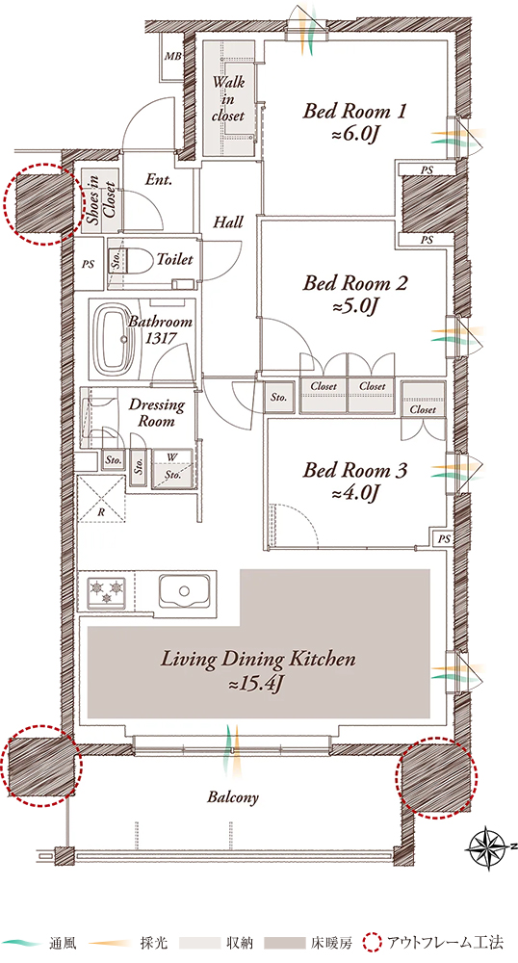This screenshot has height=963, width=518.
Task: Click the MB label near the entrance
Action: click(172, 57)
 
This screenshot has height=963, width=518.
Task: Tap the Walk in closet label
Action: click(227, 98)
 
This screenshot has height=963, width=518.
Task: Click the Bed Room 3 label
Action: click(354, 471)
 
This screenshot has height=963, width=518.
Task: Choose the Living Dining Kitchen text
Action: click(258, 660)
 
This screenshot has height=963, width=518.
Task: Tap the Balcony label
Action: click(233, 797)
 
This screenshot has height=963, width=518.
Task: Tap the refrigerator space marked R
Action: click(102, 498)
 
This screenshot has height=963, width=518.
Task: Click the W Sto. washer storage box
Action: click(171, 469)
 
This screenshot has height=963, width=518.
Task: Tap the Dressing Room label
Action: click(156, 413)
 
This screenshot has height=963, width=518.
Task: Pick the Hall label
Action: click(227, 221)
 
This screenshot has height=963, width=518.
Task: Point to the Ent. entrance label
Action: click(158, 180)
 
